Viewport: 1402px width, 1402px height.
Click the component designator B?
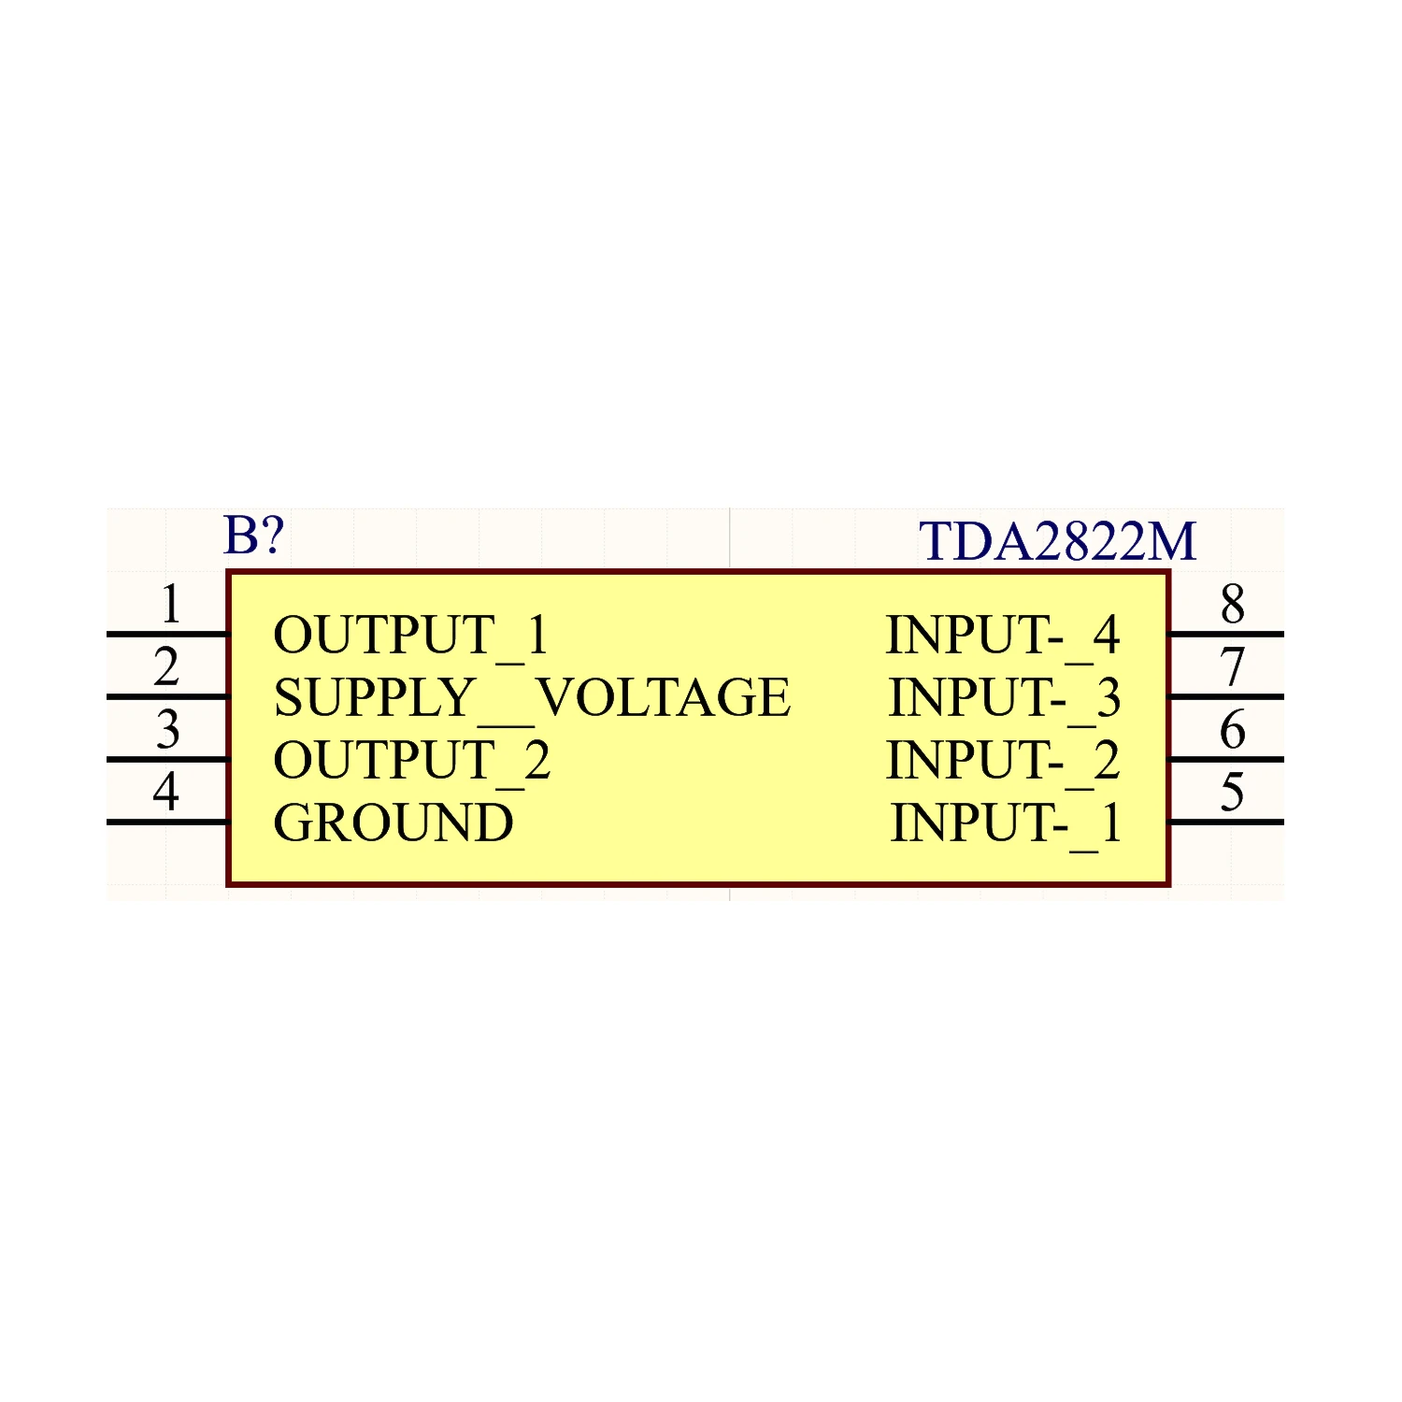(x=253, y=536)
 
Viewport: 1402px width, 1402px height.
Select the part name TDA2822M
(x=1057, y=541)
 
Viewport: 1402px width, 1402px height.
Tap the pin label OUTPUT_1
(x=410, y=636)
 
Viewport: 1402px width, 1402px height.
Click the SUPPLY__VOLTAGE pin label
(x=532, y=698)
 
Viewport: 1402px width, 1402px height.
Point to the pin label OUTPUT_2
(x=411, y=761)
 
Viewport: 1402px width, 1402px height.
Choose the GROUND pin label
(x=393, y=823)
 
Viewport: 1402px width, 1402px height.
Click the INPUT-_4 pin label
(x=1003, y=636)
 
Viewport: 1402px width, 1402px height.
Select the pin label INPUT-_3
(x=1005, y=698)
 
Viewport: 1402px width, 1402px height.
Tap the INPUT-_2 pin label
(x=1003, y=761)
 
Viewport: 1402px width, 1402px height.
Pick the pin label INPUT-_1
(x=1006, y=823)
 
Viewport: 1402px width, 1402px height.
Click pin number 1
(x=170, y=604)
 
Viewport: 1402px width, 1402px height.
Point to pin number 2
(x=166, y=666)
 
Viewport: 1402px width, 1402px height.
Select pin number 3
(x=167, y=729)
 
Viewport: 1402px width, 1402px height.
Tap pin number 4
(x=166, y=792)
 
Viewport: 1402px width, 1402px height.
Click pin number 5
(x=1233, y=793)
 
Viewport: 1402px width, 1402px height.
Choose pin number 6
(x=1233, y=729)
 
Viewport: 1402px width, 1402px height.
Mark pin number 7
(x=1233, y=667)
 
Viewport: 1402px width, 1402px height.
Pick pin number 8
(x=1233, y=604)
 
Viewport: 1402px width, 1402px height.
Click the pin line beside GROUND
(x=168, y=823)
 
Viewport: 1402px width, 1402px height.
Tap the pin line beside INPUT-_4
(x=1225, y=635)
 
